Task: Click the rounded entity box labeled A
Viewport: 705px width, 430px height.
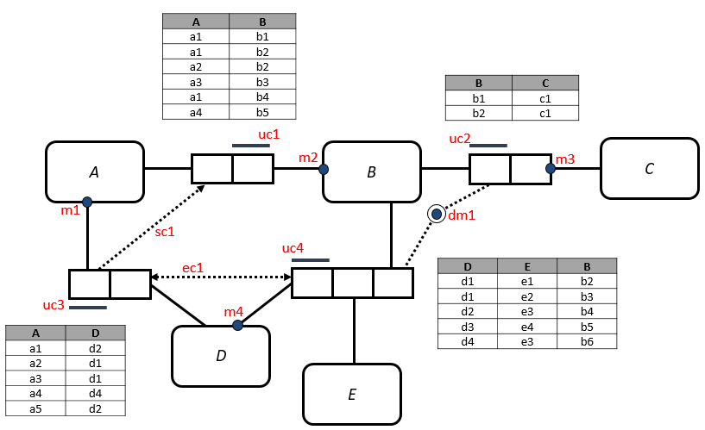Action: click(94, 171)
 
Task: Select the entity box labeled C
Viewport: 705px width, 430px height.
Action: click(649, 168)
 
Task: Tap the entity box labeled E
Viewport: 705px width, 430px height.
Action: click(351, 394)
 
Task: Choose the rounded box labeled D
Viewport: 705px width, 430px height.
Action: click(220, 355)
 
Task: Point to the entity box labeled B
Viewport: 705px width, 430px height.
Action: click(371, 171)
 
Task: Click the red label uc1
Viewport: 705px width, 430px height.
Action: click(269, 134)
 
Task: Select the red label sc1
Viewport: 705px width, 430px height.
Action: click(165, 231)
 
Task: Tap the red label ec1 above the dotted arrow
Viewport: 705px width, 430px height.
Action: click(192, 268)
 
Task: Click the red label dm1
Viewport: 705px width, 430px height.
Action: click(461, 215)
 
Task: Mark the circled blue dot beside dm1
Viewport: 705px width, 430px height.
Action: click(437, 214)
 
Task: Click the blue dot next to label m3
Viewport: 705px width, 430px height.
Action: click(550, 168)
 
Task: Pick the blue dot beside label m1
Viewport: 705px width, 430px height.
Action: click(87, 202)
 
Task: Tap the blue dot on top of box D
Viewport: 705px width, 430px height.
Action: click(237, 325)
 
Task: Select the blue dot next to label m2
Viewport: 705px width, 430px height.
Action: click(324, 169)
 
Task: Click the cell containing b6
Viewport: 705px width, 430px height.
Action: click(587, 341)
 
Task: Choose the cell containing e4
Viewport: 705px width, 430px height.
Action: click(527, 327)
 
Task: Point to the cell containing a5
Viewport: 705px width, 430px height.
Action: click(35, 408)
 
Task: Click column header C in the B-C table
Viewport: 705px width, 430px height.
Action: click(544, 84)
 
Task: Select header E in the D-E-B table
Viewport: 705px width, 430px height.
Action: click(527, 266)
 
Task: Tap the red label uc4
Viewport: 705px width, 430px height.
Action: click(293, 248)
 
